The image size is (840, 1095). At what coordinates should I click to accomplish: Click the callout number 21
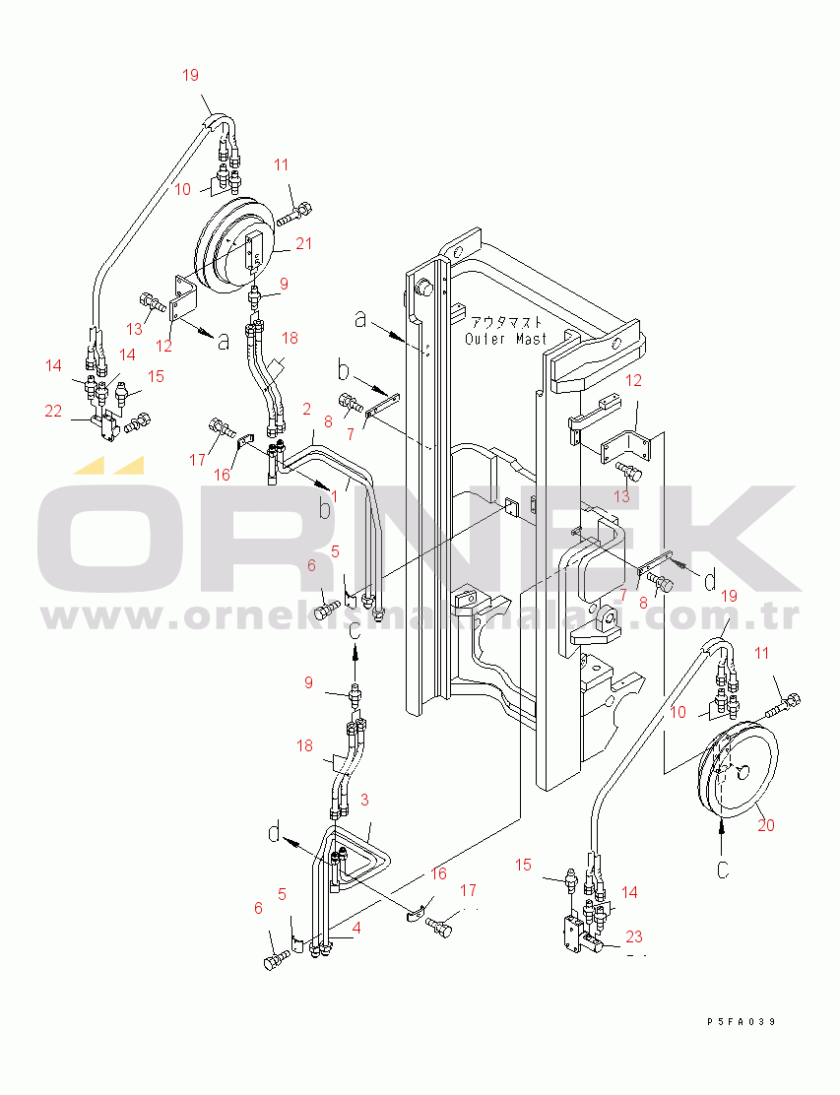click(x=304, y=244)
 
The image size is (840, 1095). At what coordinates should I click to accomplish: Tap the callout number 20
click(x=765, y=825)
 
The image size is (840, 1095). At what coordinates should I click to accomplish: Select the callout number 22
click(x=53, y=412)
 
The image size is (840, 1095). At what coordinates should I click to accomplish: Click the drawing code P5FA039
click(x=741, y=1022)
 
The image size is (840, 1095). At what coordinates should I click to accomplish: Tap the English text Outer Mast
click(x=505, y=339)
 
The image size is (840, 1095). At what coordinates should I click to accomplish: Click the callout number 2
click(x=307, y=408)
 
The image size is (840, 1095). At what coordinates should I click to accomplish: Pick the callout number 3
click(x=364, y=799)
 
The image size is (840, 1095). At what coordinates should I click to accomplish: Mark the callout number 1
click(x=334, y=496)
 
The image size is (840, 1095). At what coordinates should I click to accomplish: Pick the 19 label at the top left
click(x=192, y=74)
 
